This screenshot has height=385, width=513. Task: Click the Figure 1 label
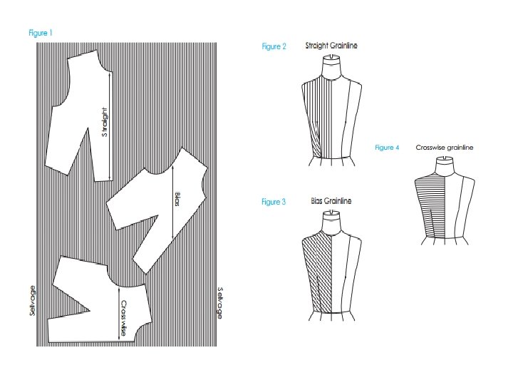pos(41,33)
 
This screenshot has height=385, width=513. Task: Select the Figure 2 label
pos(274,47)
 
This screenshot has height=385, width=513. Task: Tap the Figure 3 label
pos(274,202)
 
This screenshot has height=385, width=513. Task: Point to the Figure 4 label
pos(387,148)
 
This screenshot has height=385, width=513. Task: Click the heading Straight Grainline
pos(331,46)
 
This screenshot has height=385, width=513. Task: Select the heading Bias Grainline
pos(331,202)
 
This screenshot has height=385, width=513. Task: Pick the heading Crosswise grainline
pos(445,148)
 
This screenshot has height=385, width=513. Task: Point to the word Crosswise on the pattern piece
pos(123,317)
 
